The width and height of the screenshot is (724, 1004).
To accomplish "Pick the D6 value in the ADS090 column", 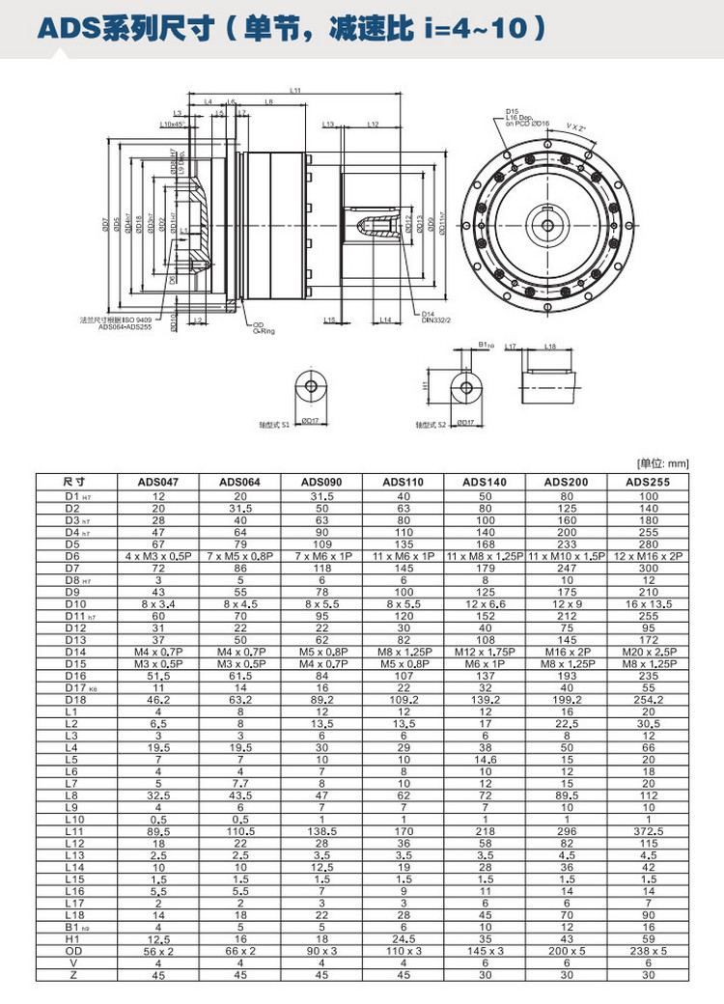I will [x=322, y=556].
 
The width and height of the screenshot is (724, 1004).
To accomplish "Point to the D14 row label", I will [x=73, y=653].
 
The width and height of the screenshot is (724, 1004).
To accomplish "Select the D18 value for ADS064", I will [x=239, y=696].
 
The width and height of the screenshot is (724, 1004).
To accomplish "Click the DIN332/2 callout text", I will [x=435, y=320].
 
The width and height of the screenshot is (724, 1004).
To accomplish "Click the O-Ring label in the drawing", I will [x=265, y=330].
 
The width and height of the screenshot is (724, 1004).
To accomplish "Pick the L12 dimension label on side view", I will [x=374, y=125].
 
